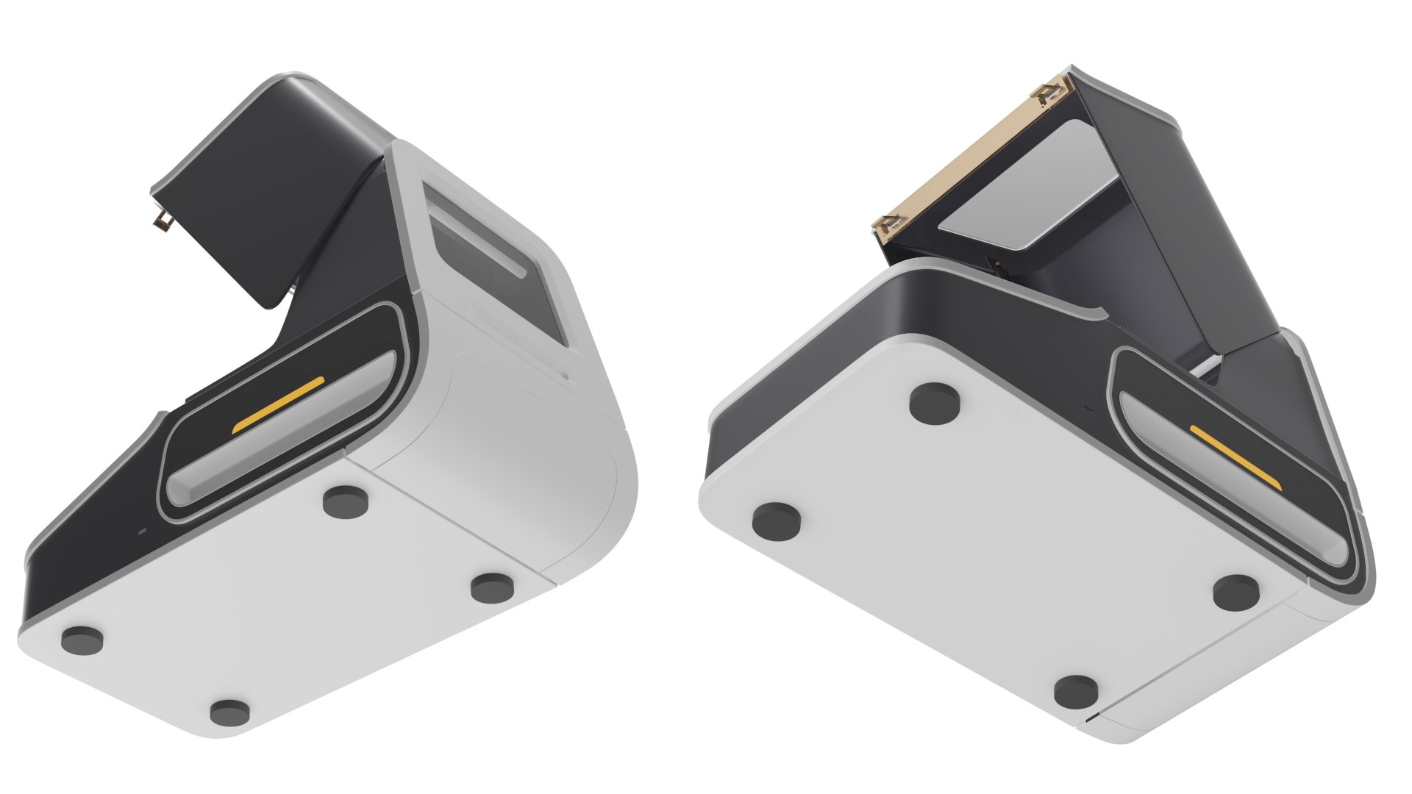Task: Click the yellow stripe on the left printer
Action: (278, 405)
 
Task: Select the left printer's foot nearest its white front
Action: (492, 587)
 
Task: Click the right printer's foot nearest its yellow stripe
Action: (1235, 592)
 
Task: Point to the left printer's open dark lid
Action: (243, 191)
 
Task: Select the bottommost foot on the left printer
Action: (229, 712)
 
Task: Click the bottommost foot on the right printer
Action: (1077, 692)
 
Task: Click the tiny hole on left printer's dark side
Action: (142, 529)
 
